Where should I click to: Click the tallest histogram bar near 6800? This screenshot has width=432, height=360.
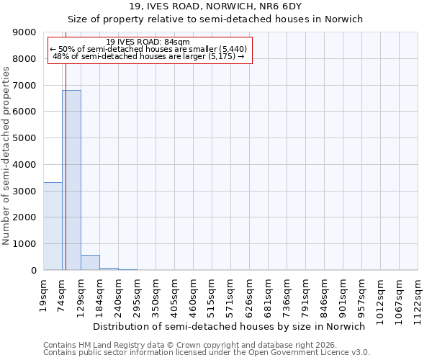pyautogui.click(x=71, y=180)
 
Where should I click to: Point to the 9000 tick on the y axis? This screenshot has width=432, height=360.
pyautogui.click(x=26, y=32)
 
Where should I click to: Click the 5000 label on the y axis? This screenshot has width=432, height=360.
pyautogui.click(x=26, y=138)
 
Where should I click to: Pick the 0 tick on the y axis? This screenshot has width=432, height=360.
pyautogui.click(x=33, y=270)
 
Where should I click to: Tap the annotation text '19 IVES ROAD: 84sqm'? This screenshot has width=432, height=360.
pyautogui.click(x=148, y=42)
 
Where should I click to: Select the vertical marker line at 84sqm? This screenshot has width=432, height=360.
pyautogui.click(x=66, y=144)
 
